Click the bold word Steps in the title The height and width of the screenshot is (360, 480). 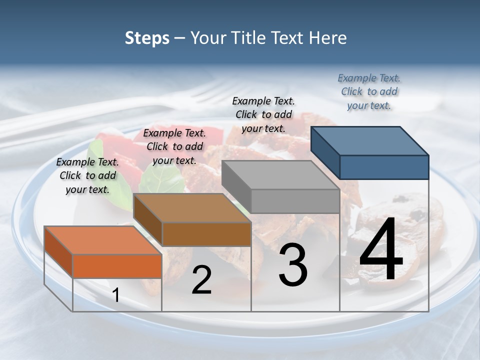(147, 38)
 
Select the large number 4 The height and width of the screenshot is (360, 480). (381, 251)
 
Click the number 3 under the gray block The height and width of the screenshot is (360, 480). (293, 265)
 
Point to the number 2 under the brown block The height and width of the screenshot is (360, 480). (201, 280)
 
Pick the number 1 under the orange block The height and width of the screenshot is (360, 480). (115, 295)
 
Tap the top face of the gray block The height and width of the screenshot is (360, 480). (280, 175)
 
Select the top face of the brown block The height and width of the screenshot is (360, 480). (192, 208)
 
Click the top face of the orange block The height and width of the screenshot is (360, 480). (103, 240)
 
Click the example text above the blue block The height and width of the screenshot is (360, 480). (369, 91)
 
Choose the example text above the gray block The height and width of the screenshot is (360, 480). (263, 114)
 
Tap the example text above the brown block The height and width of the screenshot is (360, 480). (174, 146)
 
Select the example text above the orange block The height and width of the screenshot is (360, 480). (87, 175)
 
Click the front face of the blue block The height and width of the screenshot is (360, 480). (384, 167)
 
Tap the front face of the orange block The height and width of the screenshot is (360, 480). (117, 266)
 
